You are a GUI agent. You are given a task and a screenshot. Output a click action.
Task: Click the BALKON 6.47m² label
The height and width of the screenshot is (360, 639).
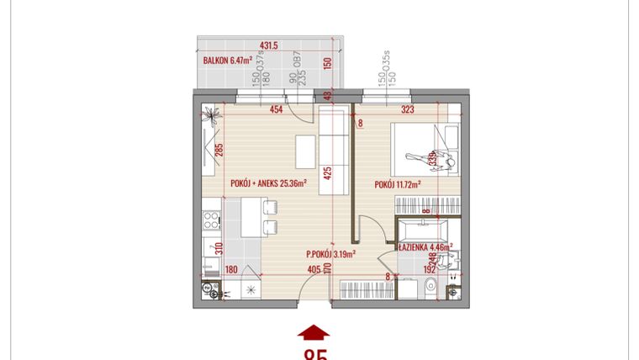point(230,61)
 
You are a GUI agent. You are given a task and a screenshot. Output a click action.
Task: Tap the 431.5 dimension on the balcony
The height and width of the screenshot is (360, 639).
point(269,46)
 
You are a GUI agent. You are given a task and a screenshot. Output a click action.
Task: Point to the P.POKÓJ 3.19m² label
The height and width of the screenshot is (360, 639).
point(330,252)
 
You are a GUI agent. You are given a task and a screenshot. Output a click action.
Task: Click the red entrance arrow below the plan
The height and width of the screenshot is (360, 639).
point(314,332)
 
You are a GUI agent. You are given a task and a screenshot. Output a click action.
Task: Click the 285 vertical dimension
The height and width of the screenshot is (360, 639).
point(219,151)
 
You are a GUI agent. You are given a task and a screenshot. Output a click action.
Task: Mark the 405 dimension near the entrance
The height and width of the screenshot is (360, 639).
point(314,270)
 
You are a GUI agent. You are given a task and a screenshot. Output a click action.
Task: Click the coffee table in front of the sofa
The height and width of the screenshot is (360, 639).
point(304,151)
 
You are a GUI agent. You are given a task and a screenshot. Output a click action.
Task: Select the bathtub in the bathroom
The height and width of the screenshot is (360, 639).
point(425,229)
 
